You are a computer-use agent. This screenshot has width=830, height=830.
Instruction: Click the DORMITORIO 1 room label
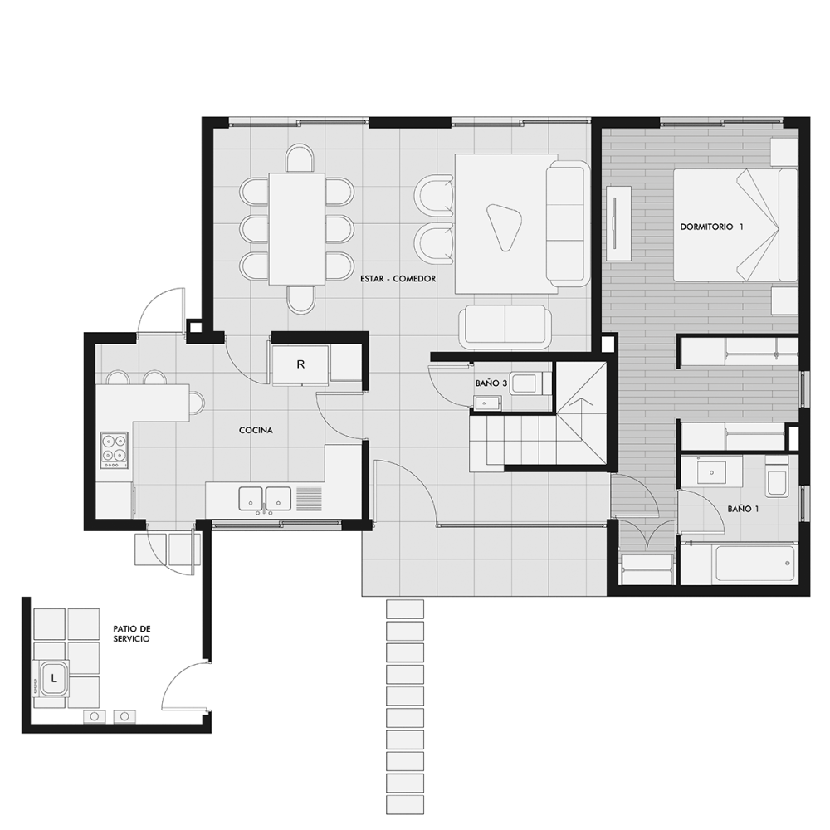tap(711, 227)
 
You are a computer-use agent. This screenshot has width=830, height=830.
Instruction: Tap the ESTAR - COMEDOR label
tap(398, 278)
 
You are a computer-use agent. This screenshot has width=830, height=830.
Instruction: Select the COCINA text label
tap(256, 430)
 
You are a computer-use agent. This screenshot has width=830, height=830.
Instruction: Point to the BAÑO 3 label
tap(491, 383)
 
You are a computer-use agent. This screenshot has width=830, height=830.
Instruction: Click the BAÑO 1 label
tap(743, 509)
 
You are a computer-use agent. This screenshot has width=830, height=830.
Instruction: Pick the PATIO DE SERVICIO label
tap(132, 633)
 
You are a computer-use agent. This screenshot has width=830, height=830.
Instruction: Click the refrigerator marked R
tap(300, 364)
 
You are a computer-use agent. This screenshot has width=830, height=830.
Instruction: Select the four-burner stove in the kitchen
tap(115, 450)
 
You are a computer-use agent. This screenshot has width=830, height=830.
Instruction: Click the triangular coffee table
tap(503, 226)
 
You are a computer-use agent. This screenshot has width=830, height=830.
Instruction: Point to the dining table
tap(296, 229)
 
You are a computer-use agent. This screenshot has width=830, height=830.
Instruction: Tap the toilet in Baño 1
tap(777, 477)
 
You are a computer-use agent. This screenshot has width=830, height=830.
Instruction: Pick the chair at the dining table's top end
tap(300, 159)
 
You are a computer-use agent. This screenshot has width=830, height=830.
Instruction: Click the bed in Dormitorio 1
tap(735, 225)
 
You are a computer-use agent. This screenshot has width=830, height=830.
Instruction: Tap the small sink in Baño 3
tap(488, 404)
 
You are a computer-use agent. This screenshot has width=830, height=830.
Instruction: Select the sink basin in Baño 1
tap(711, 472)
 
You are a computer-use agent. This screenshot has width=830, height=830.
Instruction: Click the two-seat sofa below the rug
tap(505, 326)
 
